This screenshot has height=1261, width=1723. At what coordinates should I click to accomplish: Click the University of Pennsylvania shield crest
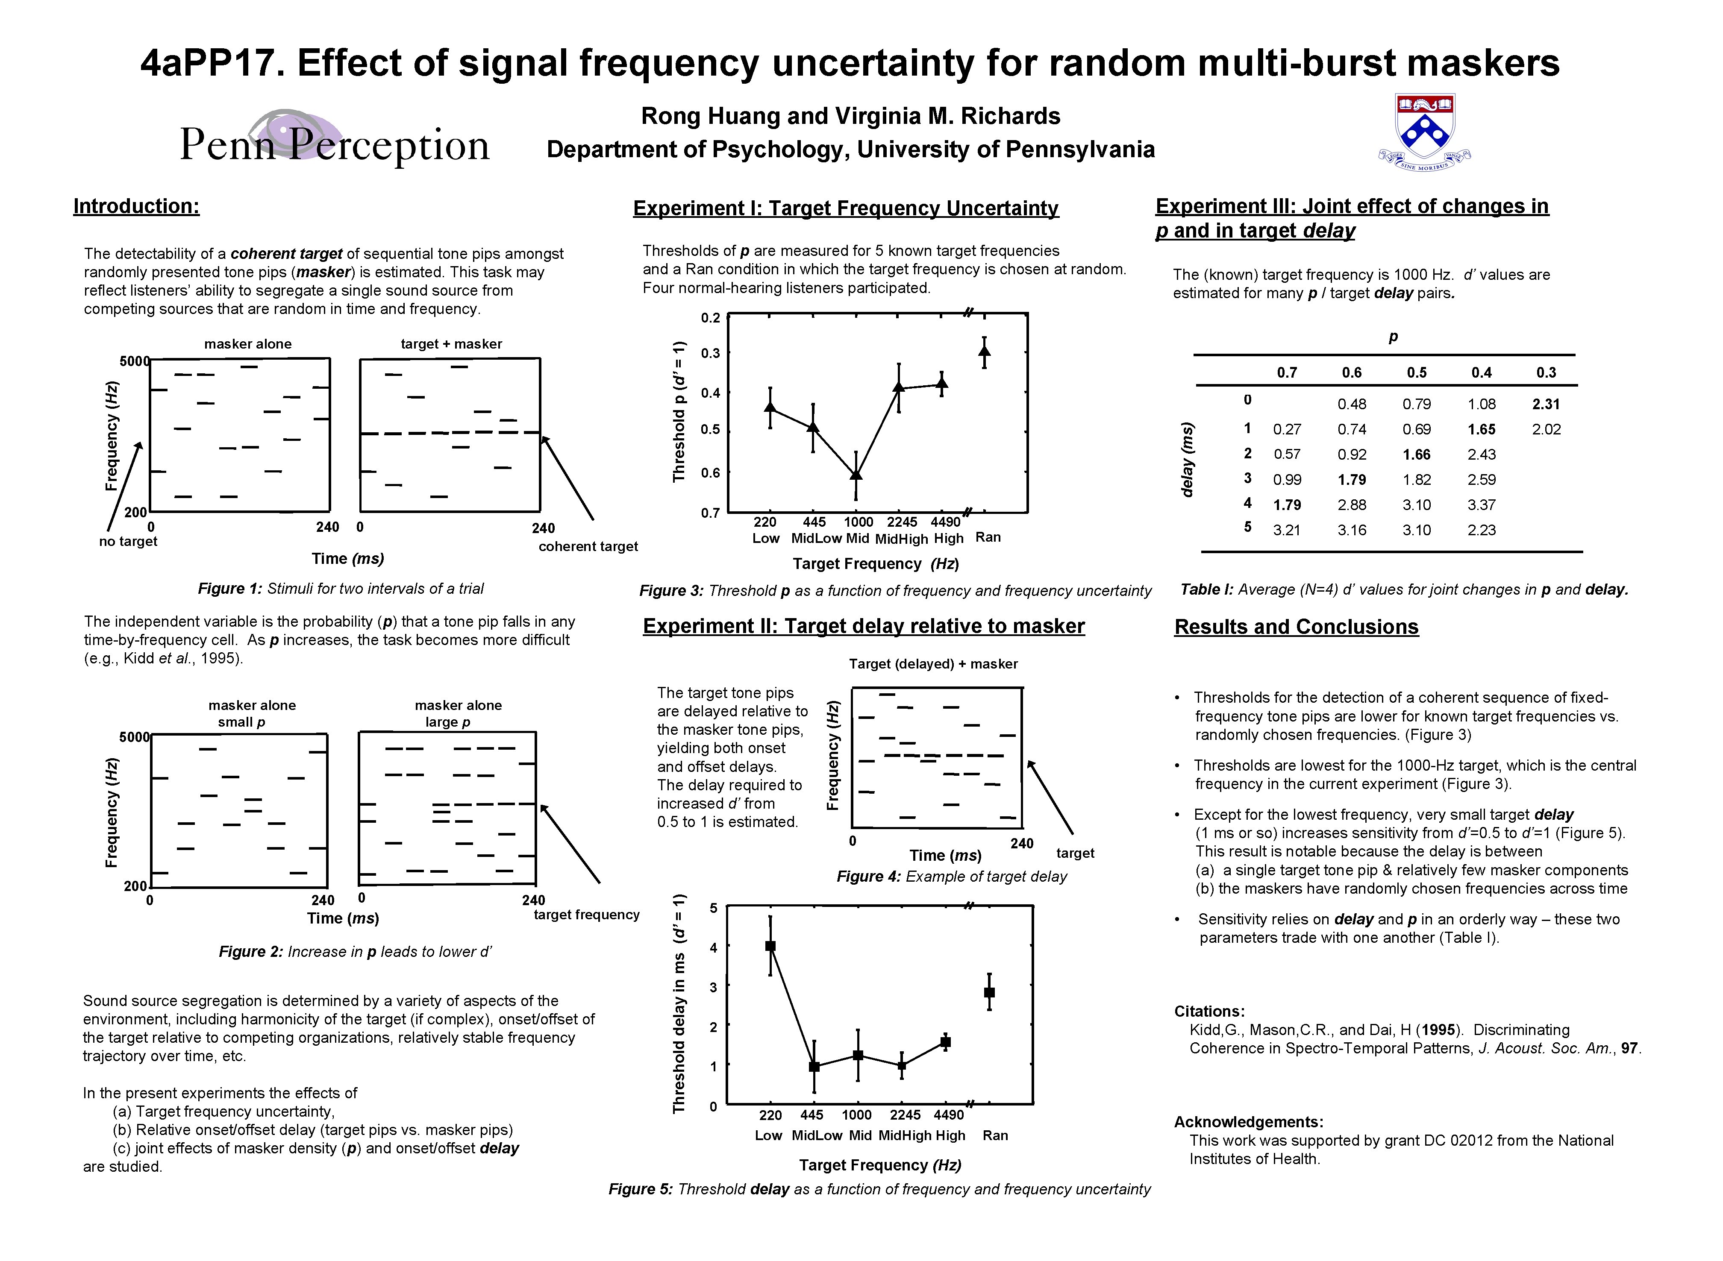1425,130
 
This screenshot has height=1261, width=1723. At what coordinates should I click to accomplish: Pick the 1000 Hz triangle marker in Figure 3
856,475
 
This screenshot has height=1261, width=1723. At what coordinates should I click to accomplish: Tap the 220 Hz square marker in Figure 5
770,946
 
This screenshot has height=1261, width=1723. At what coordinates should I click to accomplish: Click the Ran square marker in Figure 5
989,992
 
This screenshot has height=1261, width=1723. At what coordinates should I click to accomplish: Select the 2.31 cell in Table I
1546,404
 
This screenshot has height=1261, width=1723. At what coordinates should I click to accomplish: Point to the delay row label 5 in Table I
1247,527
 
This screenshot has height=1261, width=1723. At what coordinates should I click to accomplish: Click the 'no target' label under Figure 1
128,541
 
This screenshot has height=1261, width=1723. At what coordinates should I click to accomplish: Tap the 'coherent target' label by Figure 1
588,546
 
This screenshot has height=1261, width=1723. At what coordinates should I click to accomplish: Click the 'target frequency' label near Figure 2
586,915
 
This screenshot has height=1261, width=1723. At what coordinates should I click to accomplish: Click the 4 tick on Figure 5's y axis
713,947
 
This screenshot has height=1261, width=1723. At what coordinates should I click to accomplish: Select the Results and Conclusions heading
1296,627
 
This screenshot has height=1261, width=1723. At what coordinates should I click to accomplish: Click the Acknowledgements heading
1248,1122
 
